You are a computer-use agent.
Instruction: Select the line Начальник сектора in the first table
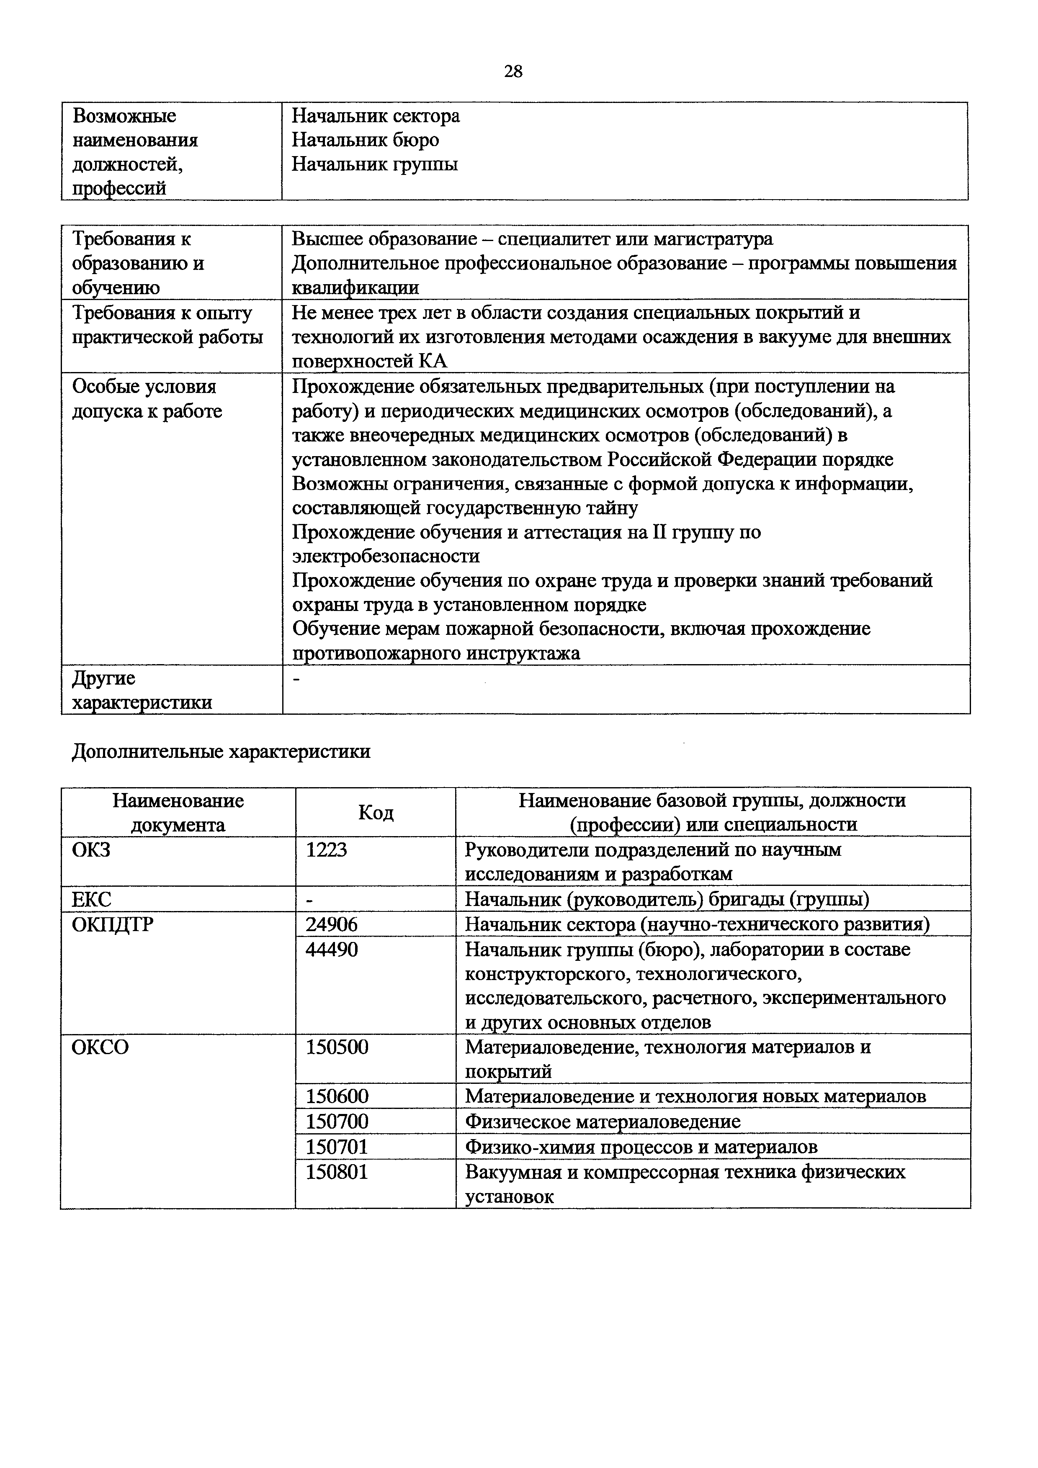tap(376, 116)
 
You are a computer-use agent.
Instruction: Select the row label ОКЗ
tap(91, 850)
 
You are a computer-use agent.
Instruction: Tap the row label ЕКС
tap(91, 900)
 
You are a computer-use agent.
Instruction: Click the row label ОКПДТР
tap(112, 924)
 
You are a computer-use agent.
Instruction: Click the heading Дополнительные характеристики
tap(221, 751)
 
